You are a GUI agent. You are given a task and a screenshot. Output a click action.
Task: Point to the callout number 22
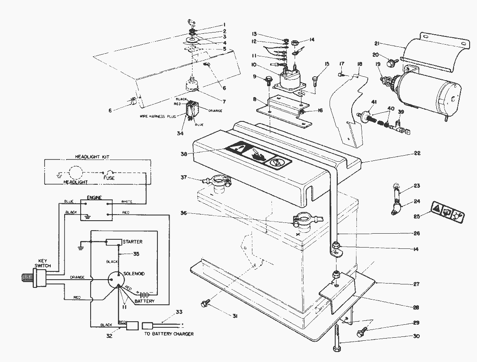[x=417, y=153]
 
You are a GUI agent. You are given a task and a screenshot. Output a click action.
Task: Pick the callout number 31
[x=235, y=316]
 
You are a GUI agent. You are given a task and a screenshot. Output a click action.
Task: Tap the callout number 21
[x=377, y=43]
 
